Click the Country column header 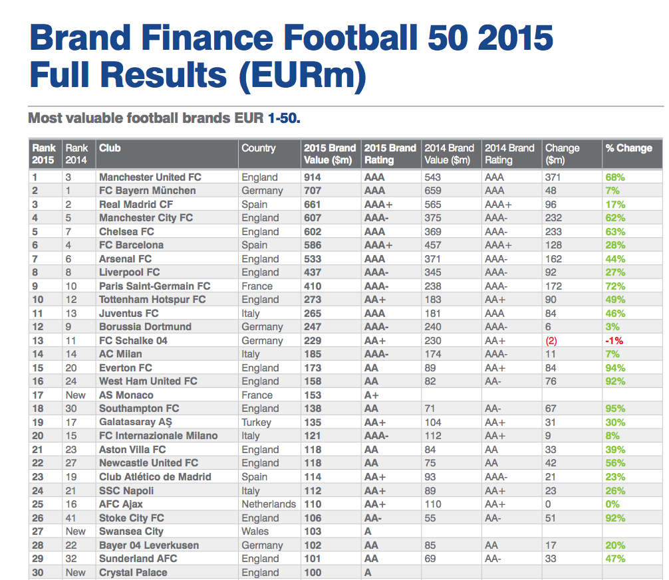(258, 148)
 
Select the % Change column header (628, 148)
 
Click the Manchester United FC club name (150, 177)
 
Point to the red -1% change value (614, 341)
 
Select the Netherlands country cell (269, 504)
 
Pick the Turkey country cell (256, 423)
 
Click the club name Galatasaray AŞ (137, 423)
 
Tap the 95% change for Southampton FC (615, 409)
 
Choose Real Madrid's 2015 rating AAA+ (378, 205)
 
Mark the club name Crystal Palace (133, 573)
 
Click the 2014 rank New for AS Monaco (75, 395)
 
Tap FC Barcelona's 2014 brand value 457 (433, 245)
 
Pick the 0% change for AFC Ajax (612, 504)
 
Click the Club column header (110, 148)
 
